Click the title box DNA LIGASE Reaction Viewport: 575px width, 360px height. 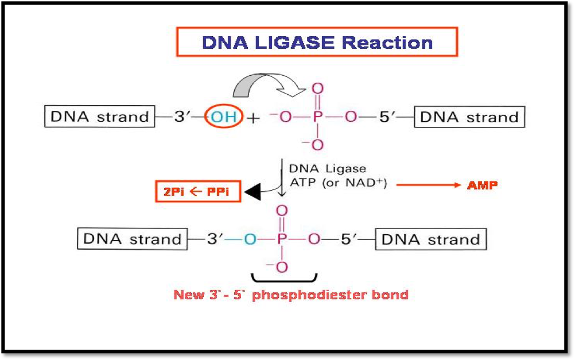click(317, 42)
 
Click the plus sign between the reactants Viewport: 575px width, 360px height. click(253, 118)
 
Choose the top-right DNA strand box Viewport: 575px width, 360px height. click(469, 118)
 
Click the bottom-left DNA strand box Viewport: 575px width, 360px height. click(133, 239)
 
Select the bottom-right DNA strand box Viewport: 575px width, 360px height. click(430, 239)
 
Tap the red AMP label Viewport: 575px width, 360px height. click(482, 185)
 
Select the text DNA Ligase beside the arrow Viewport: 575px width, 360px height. click(327, 169)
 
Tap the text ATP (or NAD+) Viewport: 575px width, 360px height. click(337, 184)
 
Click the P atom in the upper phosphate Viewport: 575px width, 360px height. click(317, 118)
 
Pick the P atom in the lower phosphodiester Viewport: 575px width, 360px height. click(281, 239)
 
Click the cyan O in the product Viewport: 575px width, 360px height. click(249, 239)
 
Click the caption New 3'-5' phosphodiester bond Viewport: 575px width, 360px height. click(291, 295)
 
